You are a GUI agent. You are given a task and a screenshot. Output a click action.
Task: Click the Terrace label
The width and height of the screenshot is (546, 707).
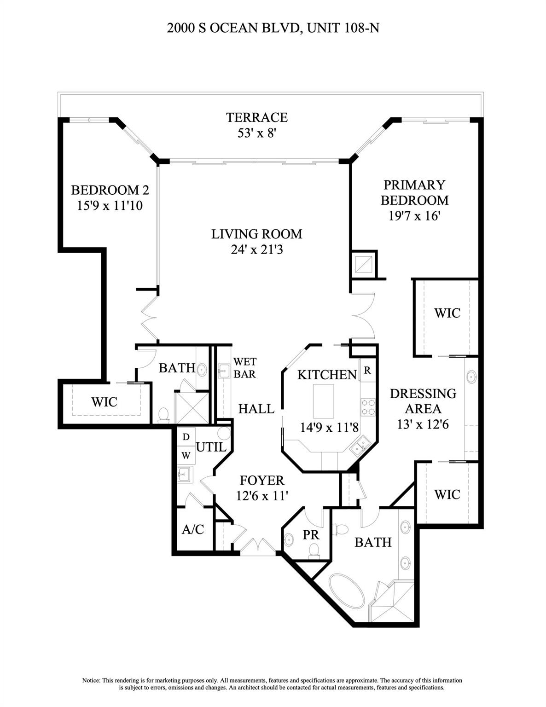click(256, 117)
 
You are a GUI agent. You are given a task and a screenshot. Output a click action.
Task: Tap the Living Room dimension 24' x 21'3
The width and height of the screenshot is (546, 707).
click(256, 249)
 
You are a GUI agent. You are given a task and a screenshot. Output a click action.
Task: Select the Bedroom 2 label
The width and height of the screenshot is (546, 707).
click(110, 190)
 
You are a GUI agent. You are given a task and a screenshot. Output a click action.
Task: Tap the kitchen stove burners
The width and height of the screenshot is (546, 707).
click(368, 407)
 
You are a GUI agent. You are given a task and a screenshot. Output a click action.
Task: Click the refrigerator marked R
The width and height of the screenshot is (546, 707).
click(367, 371)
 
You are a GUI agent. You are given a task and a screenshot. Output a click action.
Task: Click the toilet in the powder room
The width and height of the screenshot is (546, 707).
click(314, 550)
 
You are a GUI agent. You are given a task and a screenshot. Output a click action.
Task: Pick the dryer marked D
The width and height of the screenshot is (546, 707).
click(186, 436)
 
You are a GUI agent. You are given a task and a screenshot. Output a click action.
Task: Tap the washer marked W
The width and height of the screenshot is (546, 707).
click(186, 455)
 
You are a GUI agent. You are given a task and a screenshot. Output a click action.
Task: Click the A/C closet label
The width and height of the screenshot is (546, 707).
click(193, 529)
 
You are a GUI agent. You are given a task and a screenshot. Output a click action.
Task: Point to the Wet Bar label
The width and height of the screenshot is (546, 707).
click(244, 368)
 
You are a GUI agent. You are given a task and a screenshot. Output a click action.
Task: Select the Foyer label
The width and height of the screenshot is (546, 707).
click(262, 481)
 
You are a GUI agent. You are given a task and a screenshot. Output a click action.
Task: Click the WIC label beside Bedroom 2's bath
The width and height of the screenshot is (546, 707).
click(105, 402)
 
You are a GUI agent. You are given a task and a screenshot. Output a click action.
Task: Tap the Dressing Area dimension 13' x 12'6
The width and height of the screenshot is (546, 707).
click(423, 424)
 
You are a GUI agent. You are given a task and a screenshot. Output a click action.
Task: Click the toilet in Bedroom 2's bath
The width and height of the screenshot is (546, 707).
click(163, 415)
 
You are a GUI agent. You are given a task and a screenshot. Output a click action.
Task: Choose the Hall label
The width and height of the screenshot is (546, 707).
click(256, 408)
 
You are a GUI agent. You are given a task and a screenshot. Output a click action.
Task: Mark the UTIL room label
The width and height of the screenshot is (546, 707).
click(211, 447)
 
